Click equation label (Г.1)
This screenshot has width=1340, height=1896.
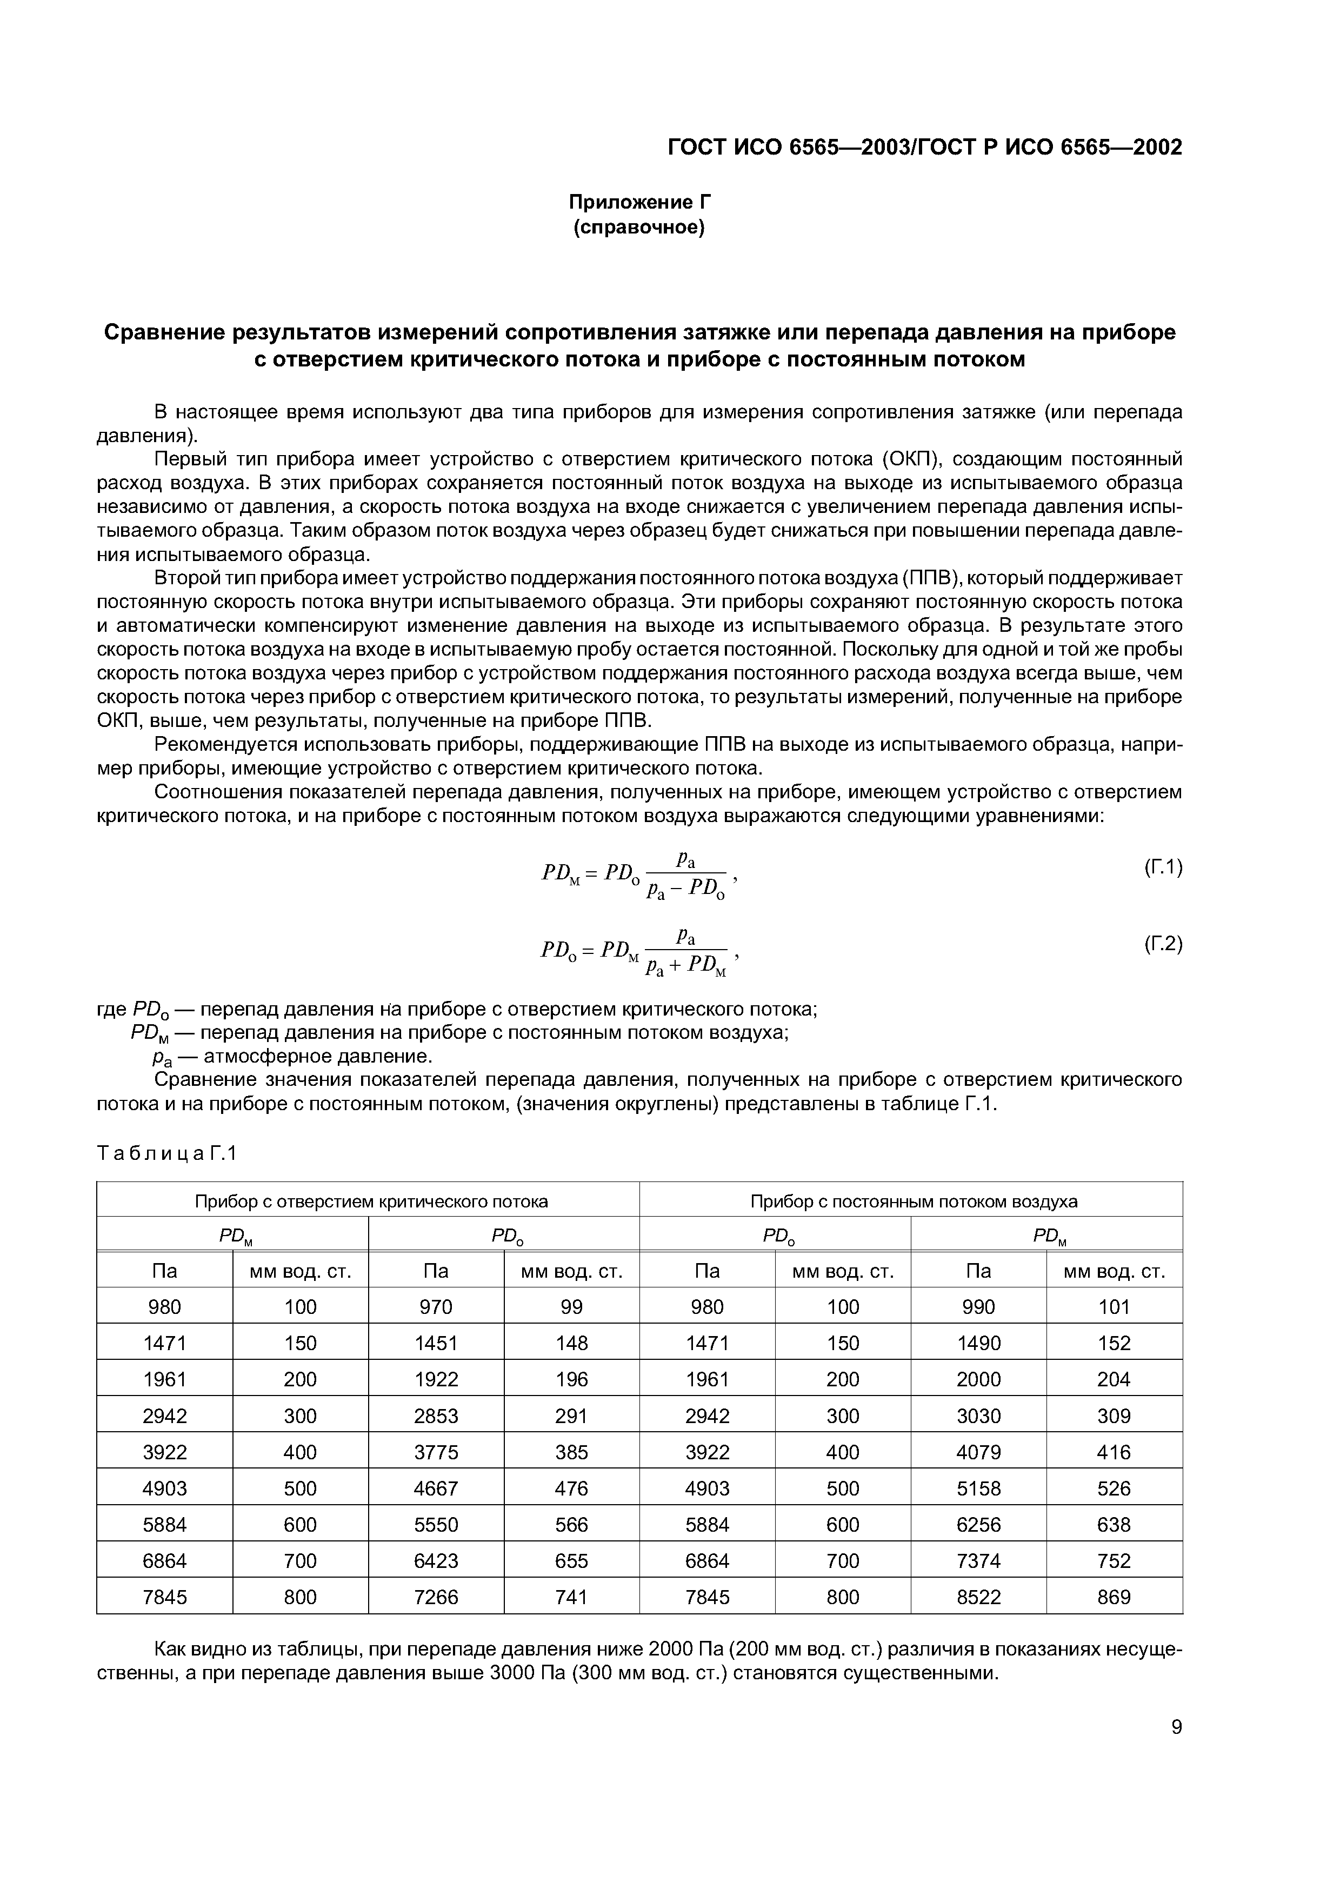(x=1163, y=867)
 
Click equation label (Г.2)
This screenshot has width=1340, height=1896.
(x=1163, y=943)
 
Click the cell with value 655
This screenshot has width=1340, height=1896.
(x=571, y=1561)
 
